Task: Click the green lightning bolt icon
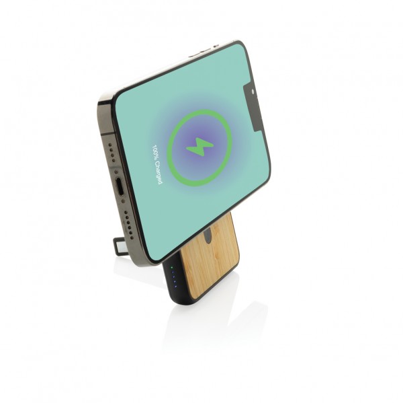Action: pos(199,147)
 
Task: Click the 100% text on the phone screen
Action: pos(155,152)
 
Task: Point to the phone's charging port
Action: pos(120,186)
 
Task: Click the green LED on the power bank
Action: pos(171,268)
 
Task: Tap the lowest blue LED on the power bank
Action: pos(175,287)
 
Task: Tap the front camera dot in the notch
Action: pos(253,91)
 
